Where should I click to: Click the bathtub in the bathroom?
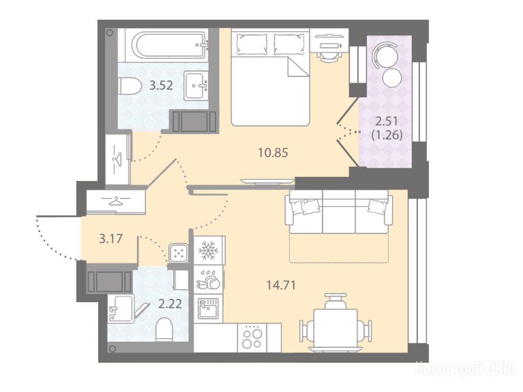[170, 45]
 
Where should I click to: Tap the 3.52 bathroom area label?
[161, 86]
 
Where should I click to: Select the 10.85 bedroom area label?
[273, 153]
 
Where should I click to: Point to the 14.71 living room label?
[281, 285]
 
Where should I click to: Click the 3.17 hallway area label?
[111, 238]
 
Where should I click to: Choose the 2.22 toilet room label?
[170, 304]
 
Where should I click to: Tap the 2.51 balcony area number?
[387, 121]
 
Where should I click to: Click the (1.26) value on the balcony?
[387, 135]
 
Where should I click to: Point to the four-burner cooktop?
[252, 338]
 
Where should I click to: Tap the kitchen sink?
[208, 308]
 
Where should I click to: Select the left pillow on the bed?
[252, 44]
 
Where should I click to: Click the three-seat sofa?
[339, 212]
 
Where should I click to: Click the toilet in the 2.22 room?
[164, 329]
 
